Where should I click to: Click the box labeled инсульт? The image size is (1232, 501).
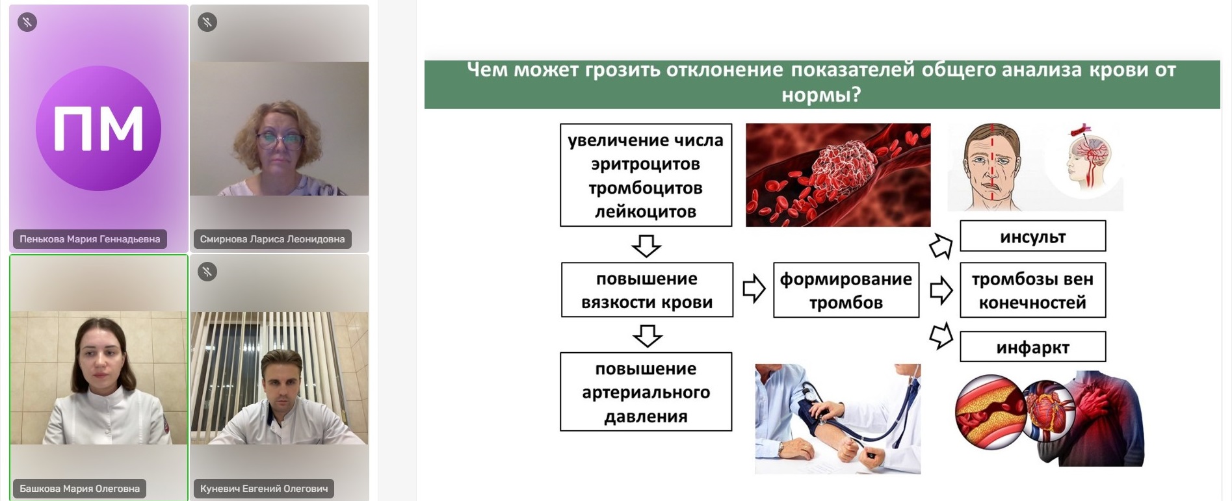1032,236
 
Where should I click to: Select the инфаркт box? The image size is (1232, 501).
1032,347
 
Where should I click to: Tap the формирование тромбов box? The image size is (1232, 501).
846,290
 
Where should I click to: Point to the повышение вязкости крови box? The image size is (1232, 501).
647,290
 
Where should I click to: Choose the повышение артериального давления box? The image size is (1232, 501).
646,392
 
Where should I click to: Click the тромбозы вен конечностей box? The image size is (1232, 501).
1032,290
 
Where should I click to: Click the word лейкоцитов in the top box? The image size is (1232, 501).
645,211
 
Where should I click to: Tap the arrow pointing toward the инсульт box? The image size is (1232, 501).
941,246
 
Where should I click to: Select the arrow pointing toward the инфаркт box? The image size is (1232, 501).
941,335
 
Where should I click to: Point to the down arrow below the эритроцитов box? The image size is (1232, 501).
646,246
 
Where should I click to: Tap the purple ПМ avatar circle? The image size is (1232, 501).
98,128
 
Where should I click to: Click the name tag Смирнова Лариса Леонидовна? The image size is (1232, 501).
272,239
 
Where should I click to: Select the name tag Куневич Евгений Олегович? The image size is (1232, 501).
264,489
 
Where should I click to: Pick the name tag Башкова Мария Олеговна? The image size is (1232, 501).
79,489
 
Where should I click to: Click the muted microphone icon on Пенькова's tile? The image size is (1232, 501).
27,23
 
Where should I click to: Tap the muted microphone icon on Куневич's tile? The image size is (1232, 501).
207,272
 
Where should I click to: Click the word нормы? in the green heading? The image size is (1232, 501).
821,96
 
